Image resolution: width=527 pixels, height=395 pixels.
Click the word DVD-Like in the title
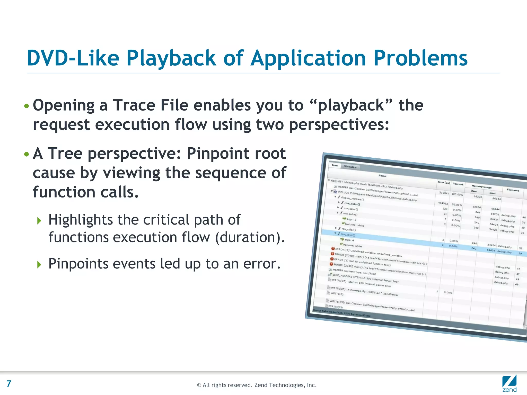pos(73,58)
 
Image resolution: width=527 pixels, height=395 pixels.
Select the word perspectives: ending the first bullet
pos(339,125)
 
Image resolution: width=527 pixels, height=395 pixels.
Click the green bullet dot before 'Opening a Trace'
pos(26,106)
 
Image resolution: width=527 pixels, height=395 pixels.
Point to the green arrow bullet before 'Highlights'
pos(39,221)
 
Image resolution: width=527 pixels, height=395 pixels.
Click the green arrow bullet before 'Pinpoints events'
pos(39,264)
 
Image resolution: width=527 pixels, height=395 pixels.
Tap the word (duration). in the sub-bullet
pos(250,237)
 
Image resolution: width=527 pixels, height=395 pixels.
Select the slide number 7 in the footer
pos(9,384)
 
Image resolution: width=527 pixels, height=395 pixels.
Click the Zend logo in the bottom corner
pos(509,384)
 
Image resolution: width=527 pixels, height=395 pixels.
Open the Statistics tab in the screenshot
pos(350,167)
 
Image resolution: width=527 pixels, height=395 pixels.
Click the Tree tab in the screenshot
pos(335,165)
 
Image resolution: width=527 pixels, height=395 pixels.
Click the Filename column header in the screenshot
pos(513,190)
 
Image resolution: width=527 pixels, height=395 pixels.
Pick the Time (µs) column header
pos(444,182)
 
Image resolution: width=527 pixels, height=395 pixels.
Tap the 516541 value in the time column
pos(444,193)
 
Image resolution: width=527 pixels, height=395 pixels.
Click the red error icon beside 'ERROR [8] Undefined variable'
pos(333,249)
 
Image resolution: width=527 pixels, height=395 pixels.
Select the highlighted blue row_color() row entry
pos(348,235)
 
